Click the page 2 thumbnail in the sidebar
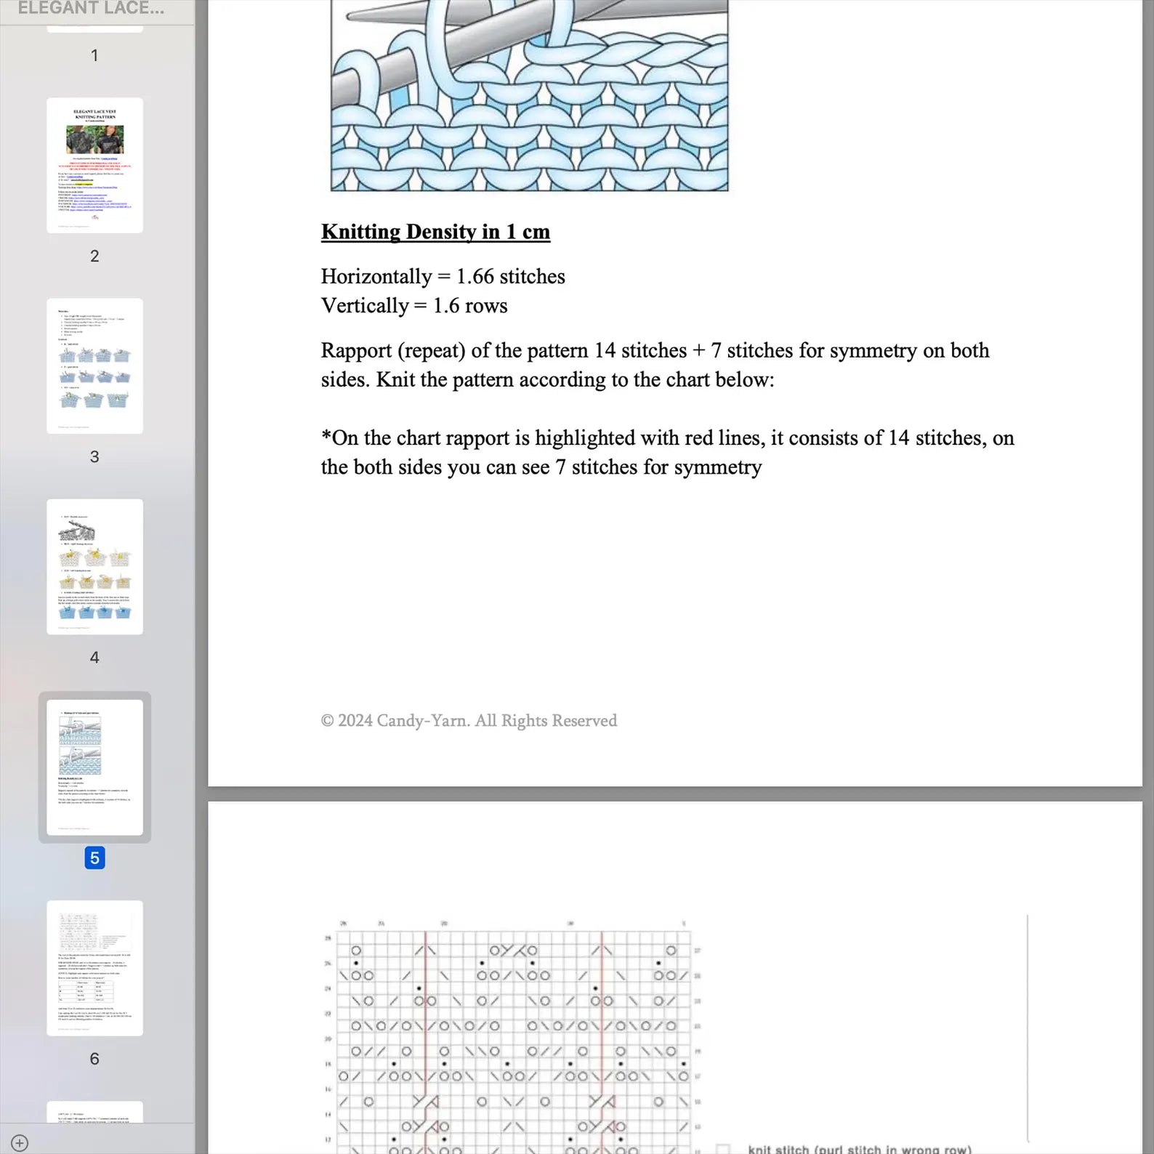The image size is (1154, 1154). click(94, 165)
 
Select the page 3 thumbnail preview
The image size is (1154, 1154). click(94, 366)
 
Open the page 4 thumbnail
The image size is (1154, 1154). click(94, 566)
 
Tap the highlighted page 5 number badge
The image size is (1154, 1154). click(94, 858)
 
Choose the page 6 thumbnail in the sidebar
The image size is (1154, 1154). click(94, 967)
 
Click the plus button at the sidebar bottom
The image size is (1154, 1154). click(20, 1142)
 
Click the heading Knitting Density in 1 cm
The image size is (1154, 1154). click(435, 232)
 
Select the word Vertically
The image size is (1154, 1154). click(365, 306)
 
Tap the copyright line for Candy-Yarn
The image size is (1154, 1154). click(469, 721)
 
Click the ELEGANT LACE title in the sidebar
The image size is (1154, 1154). click(91, 9)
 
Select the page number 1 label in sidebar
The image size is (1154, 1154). click(94, 55)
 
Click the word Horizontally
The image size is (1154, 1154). click(376, 277)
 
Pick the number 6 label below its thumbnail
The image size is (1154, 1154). click(94, 1059)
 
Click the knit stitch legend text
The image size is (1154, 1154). click(859, 1148)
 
